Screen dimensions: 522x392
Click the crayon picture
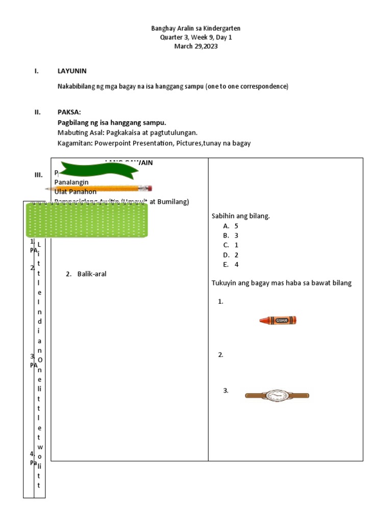[x=278, y=320]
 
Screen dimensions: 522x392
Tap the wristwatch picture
[x=277, y=396]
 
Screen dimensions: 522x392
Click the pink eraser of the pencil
[x=150, y=188]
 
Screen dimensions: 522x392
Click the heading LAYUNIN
[x=72, y=71]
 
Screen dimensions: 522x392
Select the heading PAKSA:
[x=69, y=113]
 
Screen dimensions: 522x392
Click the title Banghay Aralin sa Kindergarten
[x=196, y=29]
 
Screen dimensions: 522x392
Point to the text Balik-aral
[x=92, y=274]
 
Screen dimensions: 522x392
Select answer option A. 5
[x=231, y=226]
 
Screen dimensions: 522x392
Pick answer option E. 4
[x=231, y=265]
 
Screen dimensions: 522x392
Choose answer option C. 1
[x=231, y=245]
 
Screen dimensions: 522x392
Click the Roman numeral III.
[x=38, y=175]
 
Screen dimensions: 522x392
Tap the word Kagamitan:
[x=75, y=144]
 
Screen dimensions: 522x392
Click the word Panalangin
[x=71, y=182]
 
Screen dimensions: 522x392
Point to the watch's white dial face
[x=277, y=396]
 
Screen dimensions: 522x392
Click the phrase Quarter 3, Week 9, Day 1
[x=196, y=38]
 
